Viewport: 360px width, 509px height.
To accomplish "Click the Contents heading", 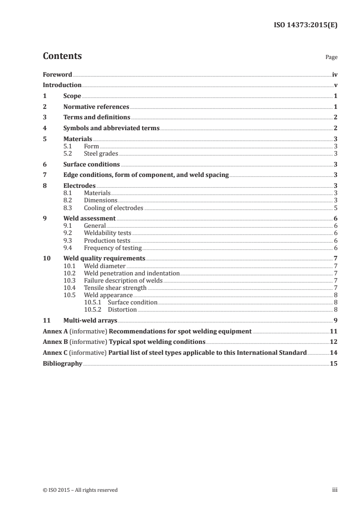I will pos(62,56).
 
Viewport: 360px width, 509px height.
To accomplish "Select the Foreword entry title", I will pos(57,74).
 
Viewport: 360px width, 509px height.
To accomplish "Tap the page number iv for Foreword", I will pos(334,74).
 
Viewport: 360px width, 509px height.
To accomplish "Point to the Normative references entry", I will pos(96,107).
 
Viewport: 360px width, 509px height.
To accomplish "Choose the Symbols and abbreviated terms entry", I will pos(111,128).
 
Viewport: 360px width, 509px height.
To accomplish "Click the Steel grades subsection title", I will pos(101,153).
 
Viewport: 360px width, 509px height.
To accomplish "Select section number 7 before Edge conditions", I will pos(44,175).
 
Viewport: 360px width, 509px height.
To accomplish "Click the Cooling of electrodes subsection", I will pos(113,208).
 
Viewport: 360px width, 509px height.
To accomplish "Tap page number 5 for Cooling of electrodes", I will pos(335,208).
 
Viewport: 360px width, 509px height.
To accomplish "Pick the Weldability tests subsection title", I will pos(108,233).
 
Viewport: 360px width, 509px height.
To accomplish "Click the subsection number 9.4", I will pos(68,248).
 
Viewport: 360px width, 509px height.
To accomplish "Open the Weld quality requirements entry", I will pos(104,258).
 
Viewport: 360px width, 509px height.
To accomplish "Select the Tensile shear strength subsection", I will pos(115,288).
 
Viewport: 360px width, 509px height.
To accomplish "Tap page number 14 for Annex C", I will pos(334,352).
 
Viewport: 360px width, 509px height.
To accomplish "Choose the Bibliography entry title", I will pos(62,363).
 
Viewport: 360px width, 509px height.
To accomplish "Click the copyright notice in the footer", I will pos(80,490).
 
